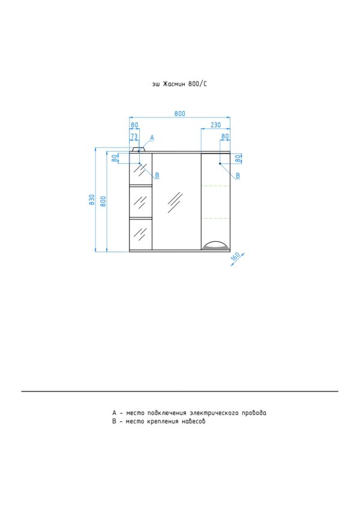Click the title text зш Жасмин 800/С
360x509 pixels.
[x=179, y=84]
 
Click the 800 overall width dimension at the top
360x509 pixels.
[x=179, y=114]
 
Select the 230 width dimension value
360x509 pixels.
[x=216, y=125]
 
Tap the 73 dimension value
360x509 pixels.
[x=134, y=136]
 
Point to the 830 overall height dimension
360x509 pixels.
[x=92, y=199]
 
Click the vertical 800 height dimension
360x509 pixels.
[x=103, y=201]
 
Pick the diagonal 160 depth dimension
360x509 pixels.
[x=235, y=257]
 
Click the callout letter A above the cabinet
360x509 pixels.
[x=152, y=138]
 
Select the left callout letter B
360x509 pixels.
[x=157, y=175]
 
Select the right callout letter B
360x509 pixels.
[x=238, y=175]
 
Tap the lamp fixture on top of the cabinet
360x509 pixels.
[x=139, y=150]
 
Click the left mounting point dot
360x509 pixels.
[x=139, y=163]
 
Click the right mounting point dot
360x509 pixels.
[x=220, y=163]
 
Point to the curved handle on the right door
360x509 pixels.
[x=215, y=245]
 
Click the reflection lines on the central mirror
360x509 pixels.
[x=175, y=202]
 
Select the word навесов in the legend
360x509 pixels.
[x=193, y=421]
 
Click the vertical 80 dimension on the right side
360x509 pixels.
[x=238, y=158]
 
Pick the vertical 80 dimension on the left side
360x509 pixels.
[x=115, y=158]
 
